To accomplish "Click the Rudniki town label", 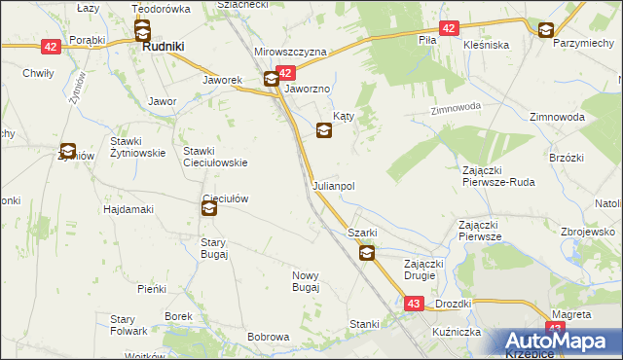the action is coord(165,46).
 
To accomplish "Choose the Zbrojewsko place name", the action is coord(588,232).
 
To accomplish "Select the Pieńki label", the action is coord(153,289).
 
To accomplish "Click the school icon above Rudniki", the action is coord(142,29).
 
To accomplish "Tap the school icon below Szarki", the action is coord(367,254).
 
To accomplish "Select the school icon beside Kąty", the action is coord(323,129).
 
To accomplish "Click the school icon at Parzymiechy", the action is coord(546,30).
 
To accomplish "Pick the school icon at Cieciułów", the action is coord(209,207).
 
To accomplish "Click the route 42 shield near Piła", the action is coord(447,29).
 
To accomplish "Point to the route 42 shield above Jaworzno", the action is coord(285,73).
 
